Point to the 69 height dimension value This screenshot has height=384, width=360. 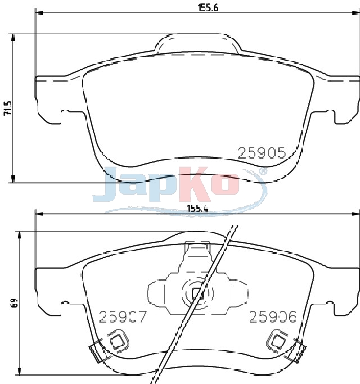[x=15, y=302]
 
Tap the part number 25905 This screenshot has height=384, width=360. [x=262, y=153]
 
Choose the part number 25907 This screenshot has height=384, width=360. [x=122, y=317]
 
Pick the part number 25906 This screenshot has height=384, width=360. [x=273, y=317]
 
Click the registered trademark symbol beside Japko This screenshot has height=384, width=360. [x=263, y=171]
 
